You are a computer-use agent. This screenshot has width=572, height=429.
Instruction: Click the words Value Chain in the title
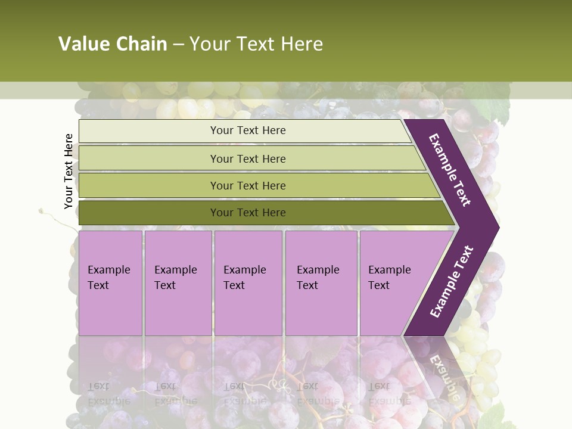click(113, 44)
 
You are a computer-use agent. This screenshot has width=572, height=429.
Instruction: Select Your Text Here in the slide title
click(256, 44)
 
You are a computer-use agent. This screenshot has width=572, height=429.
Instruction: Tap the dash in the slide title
click(178, 45)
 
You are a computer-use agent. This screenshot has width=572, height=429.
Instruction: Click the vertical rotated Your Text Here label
click(69, 172)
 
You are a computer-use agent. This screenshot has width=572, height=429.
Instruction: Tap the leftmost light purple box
click(110, 283)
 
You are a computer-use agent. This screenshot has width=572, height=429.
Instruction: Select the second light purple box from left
click(178, 283)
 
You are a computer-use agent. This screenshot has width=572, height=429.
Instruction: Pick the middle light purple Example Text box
click(248, 283)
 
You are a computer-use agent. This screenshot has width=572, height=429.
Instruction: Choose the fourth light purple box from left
click(321, 283)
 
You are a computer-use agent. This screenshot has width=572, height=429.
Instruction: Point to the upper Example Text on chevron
click(450, 170)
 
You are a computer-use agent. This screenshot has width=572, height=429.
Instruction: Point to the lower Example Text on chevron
click(452, 281)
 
